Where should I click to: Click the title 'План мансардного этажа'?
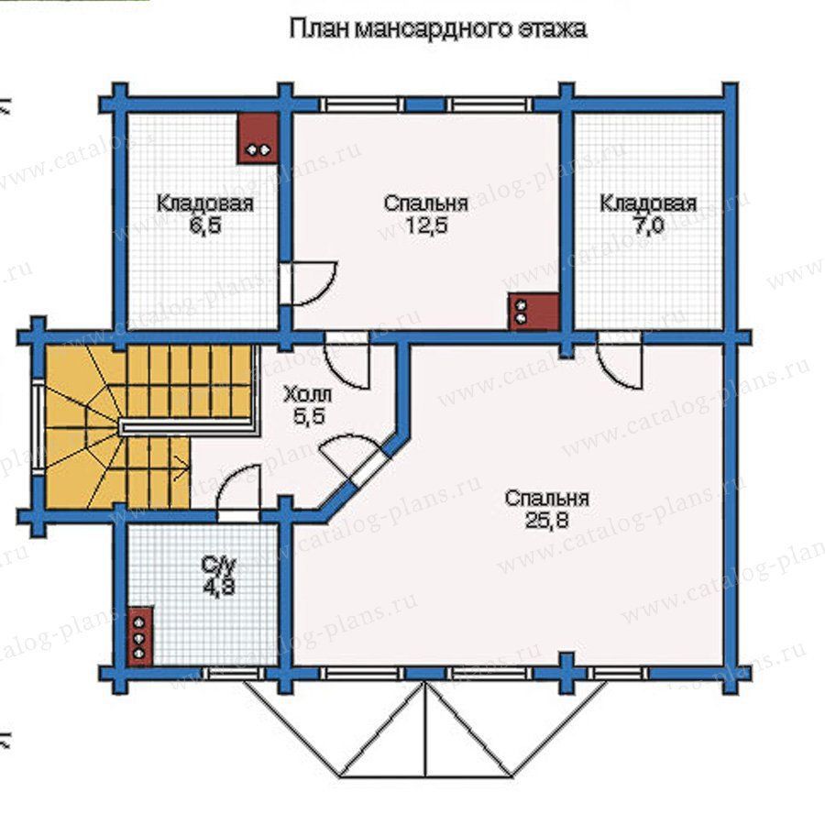tap(438, 28)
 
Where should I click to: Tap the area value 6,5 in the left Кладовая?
tap(204, 225)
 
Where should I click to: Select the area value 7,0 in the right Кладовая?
tap(648, 225)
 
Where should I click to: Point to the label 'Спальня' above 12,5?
tap(425, 203)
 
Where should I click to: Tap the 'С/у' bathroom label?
tap(219, 565)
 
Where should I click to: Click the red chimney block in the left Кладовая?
tap(258, 137)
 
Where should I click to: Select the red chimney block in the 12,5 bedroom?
tap(533, 312)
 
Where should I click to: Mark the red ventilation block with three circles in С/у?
tap(140, 636)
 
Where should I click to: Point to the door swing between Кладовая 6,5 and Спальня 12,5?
tap(310, 283)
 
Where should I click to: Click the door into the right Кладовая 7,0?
tap(620, 361)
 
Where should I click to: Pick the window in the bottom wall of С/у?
tap(236, 674)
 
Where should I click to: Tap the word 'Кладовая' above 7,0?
tap(648, 203)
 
